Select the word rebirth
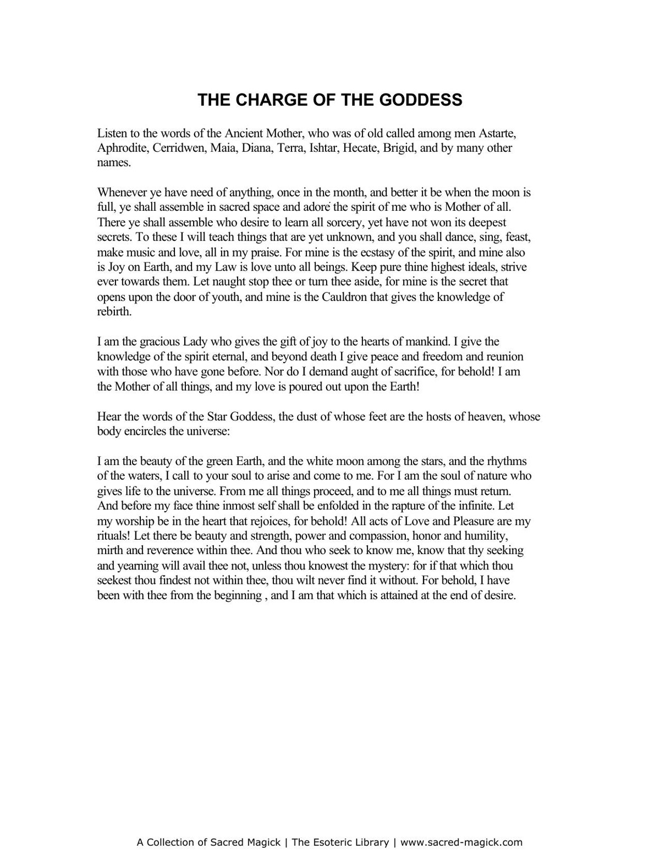coord(114,312)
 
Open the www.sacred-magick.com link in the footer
coord(461,842)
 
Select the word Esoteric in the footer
coord(333,842)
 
